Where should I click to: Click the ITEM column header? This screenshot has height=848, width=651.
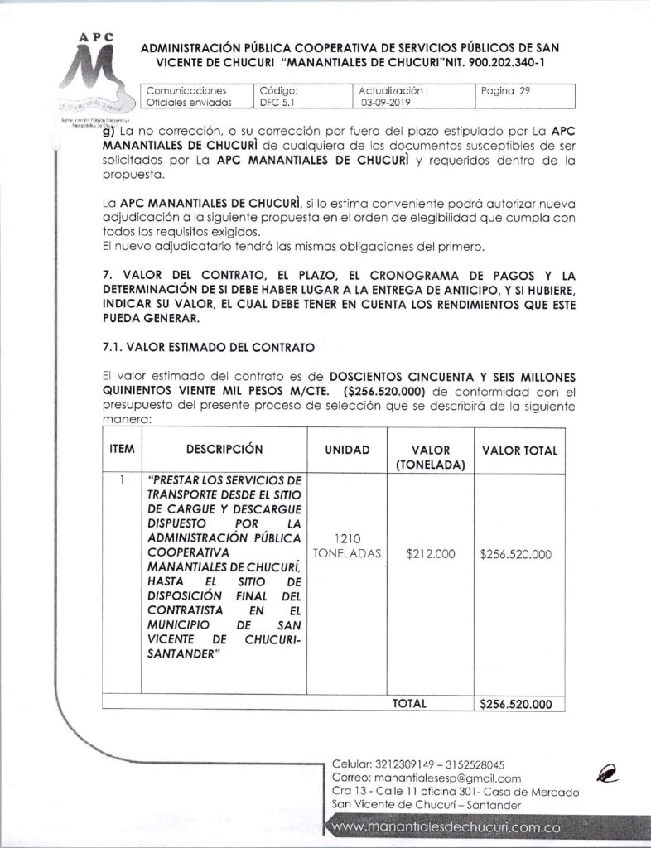[x=123, y=450]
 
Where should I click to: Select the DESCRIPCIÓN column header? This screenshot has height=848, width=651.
[x=224, y=450]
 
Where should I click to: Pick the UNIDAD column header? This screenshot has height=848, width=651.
[x=345, y=450]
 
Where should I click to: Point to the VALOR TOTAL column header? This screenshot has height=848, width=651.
[x=519, y=450]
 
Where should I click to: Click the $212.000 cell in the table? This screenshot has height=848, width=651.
[x=431, y=554]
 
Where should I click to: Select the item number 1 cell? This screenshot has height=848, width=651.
[x=121, y=479]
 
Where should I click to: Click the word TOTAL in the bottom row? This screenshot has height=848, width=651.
[x=408, y=703]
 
